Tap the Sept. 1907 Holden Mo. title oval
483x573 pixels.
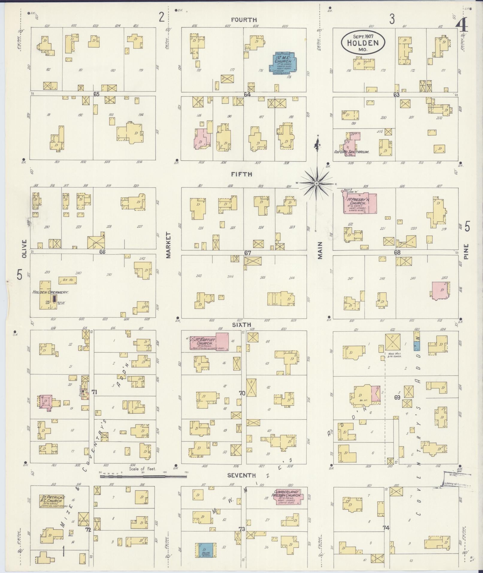(x=363, y=43)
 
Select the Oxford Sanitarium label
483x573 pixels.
(x=351, y=152)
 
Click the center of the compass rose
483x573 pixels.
(x=317, y=183)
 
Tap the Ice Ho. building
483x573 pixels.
(x=68, y=280)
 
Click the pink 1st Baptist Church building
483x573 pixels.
(x=209, y=342)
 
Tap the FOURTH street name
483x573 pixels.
(x=244, y=20)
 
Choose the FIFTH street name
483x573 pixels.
(x=241, y=174)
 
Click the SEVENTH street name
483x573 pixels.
(x=241, y=475)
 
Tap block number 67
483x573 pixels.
(x=247, y=253)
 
